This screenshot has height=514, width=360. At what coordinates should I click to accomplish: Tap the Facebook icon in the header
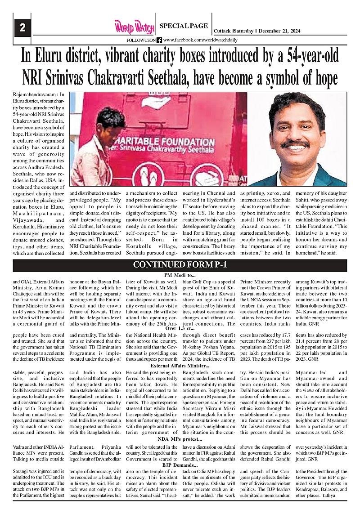tap(159, 40)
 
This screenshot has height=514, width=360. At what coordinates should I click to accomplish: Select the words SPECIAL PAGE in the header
tap(184, 26)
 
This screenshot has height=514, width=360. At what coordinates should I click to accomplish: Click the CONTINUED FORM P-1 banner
tap(180, 265)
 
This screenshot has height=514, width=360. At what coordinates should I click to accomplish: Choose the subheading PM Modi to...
tap(180, 274)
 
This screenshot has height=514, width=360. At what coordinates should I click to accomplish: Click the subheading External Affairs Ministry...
tap(180, 365)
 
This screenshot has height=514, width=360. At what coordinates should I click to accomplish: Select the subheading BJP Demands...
tap(180, 465)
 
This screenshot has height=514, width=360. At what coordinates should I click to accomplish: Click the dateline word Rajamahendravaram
tap(28, 95)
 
